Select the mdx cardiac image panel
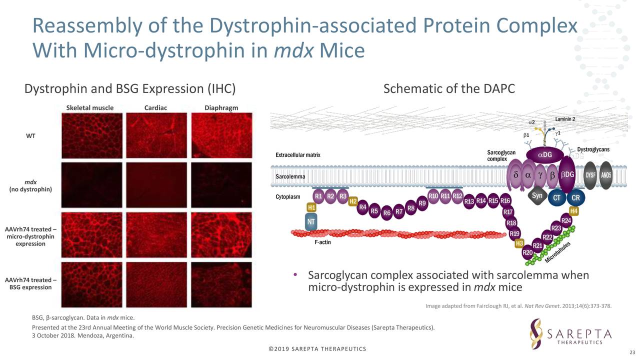pyautogui.click(x=156, y=183)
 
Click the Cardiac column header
pyautogui.click(x=155, y=107)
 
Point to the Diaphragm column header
pyautogui.click(x=221, y=107)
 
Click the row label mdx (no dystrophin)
pyautogui.click(x=30, y=185)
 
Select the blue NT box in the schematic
pyautogui.click(x=311, y=221)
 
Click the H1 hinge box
pyautogui.click(x=311, y=207)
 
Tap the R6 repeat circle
pyautogui.click(x=386, y=213)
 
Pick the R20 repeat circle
pyautogui.click(x=527, y=253)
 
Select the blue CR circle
pyautogui.click(x=575, y=197)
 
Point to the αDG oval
pyautogui.click(x=545, y=154)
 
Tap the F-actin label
pyautogui.click(x=322, y=242)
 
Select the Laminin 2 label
pyautogui.click(x=565, y=119)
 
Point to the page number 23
pyautogui.click(x=631, y=352)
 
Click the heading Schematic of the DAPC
pyautogui.click(x=448, y=88)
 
